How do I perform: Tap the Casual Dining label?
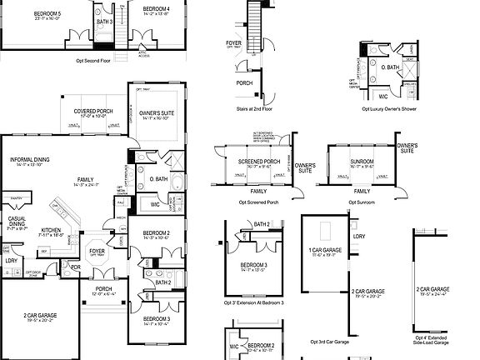point(17,223)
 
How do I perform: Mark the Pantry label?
point(15,198)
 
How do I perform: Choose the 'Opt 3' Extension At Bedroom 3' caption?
point(254,302)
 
